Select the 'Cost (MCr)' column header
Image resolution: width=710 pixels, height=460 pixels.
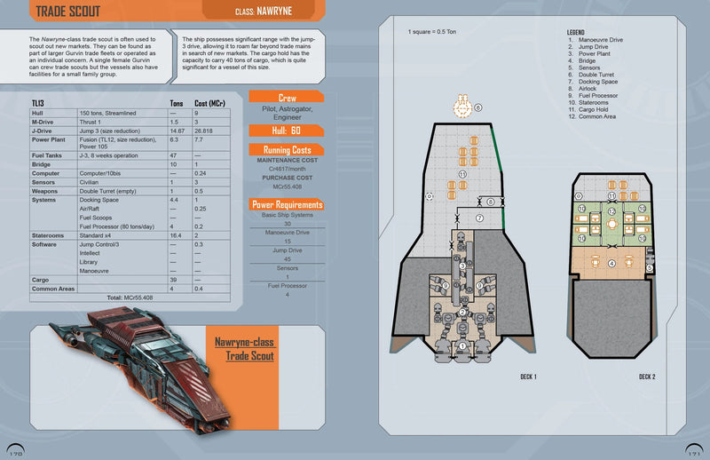coord(210,104)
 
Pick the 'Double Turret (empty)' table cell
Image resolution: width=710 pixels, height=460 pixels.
coord(108,191)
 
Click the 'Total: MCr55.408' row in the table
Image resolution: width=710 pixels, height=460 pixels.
coord(130,297)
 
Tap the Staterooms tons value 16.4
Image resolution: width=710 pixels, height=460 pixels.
coord(176,235)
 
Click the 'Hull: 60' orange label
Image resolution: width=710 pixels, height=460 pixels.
coord(285,131)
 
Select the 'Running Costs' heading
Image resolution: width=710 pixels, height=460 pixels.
coord(285,149)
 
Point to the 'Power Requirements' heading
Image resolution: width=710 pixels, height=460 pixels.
coord(285,205)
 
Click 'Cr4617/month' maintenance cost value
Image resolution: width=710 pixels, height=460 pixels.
coord(285,169)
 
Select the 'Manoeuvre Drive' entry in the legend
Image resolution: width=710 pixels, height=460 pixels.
coord(603,40)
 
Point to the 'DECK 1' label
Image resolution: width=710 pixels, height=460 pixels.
coord(529,376)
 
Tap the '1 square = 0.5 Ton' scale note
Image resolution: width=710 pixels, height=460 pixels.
coord(434,33)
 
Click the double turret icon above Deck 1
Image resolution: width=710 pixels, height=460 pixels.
coord(461,107)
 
